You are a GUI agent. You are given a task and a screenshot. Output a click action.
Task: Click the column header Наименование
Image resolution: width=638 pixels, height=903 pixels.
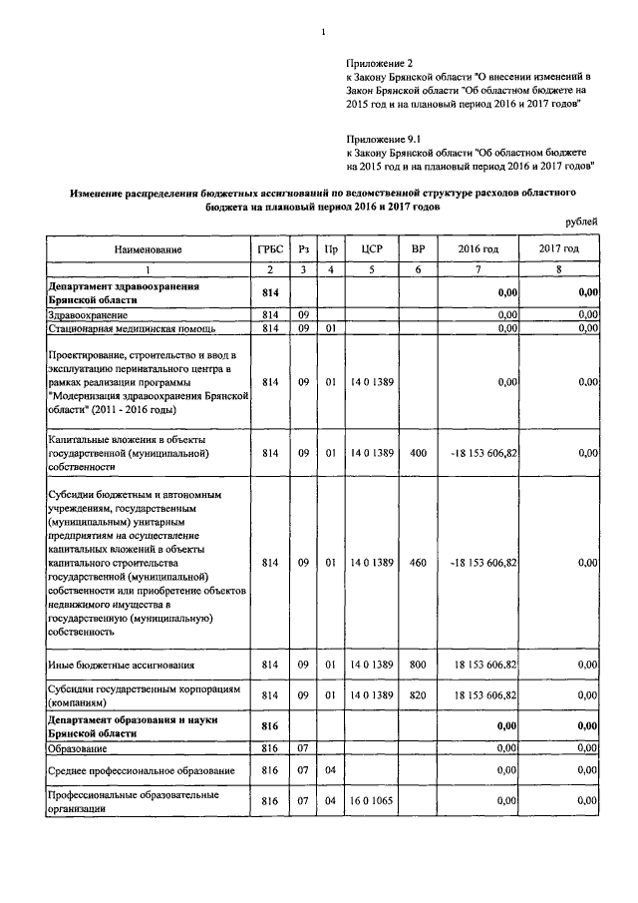148,248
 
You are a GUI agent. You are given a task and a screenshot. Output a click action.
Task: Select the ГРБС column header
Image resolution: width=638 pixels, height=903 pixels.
267,248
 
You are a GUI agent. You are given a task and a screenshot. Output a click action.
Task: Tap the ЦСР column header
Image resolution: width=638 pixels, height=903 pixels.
372,248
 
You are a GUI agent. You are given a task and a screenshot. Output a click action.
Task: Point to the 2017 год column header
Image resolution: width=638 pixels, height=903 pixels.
559,248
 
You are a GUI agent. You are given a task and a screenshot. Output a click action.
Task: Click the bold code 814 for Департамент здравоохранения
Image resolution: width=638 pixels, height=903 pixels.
267,292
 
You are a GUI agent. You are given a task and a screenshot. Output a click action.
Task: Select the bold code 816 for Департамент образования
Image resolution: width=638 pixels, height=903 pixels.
267,726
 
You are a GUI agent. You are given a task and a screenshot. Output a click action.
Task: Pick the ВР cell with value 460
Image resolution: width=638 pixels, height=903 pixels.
418,563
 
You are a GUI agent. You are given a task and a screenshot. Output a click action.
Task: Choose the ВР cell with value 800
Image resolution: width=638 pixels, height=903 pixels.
418,665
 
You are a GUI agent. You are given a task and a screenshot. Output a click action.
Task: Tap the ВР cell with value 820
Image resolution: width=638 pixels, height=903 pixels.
418,694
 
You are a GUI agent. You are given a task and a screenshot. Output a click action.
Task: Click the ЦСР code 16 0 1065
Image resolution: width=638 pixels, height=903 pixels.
372,801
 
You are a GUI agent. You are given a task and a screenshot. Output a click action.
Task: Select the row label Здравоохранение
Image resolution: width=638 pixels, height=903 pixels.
86,314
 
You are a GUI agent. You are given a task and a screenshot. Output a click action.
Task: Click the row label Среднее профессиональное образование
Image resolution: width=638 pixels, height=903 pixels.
142,770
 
